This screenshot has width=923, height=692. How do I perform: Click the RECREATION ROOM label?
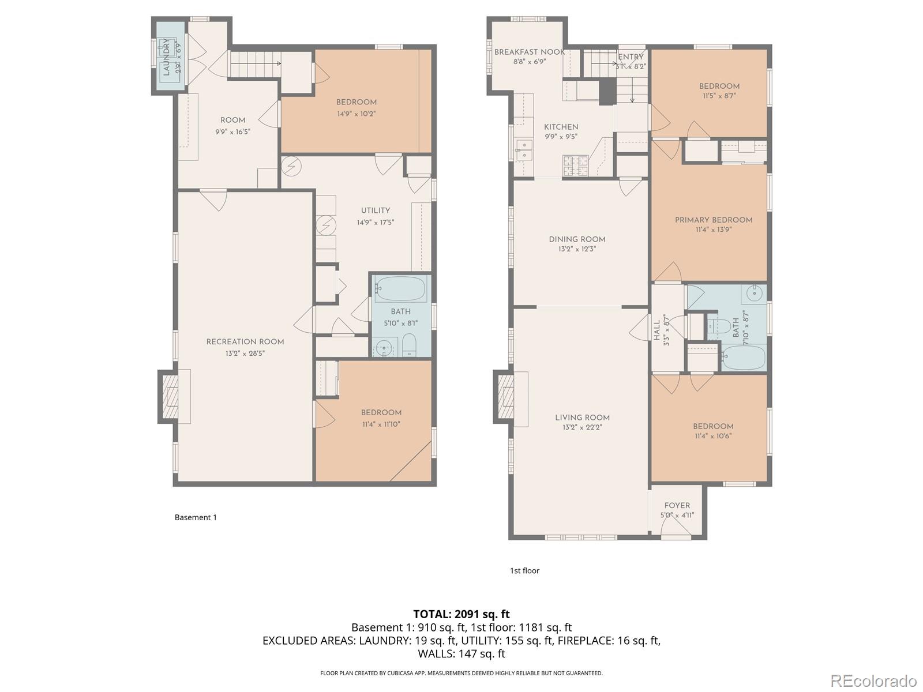point(245,341)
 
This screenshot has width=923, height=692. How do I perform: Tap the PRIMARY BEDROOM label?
point(714,220)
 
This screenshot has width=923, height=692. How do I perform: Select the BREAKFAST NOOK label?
point(529,52)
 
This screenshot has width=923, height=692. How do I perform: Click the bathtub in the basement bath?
point(400,288)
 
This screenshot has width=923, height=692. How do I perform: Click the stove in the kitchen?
point(575,166)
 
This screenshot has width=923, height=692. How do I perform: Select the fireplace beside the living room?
point(504,398)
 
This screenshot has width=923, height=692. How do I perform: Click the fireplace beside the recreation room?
point(170,397)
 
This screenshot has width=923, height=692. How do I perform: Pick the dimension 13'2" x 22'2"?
point(582,427)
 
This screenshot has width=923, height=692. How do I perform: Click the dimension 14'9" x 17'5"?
point(375,222)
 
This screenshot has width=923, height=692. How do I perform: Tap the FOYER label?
point(677,506)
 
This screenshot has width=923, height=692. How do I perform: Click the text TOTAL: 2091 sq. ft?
point(461,614)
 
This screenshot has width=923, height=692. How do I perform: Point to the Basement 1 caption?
point(196,517)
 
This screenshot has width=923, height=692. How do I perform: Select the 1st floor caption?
point(524,570)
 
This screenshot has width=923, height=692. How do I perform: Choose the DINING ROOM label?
point(577,239)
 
